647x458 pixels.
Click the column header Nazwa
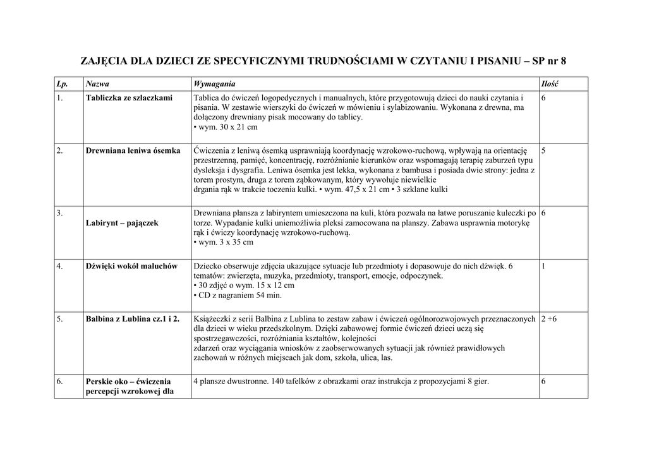point(97,84)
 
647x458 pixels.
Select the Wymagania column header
point(214,84)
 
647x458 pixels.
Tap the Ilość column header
point(550,84)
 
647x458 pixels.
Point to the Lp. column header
point(61,84)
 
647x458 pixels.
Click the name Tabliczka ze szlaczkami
point(129,98)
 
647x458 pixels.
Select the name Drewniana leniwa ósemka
point(133,151)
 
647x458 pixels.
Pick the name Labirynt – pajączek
point(122,223)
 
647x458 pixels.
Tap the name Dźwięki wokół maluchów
point(131,266)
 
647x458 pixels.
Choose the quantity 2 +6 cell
point(549,319)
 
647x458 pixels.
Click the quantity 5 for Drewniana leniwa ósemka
point(544,151)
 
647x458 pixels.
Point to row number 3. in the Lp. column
point(59,214)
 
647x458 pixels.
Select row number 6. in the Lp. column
point(59,382)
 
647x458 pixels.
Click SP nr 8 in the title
point(549,61)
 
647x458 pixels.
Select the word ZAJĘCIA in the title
point(104,61)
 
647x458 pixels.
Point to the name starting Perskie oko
point(128,387)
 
